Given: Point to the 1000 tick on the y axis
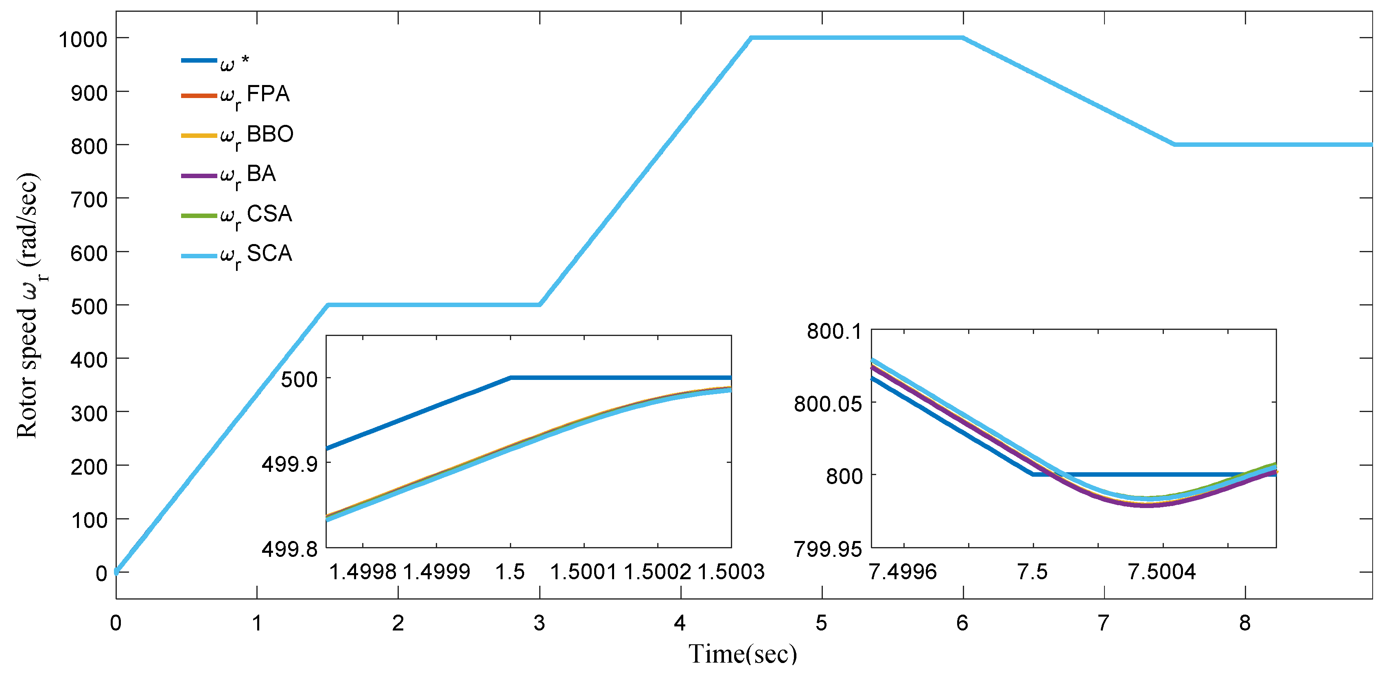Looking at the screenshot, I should click(83, 39).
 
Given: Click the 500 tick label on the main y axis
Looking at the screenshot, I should click(89, 306).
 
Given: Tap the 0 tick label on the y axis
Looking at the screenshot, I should click(101, 573).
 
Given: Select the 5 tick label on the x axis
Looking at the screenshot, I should click(821, 623).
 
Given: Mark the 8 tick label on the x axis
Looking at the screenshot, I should click(1245, 623).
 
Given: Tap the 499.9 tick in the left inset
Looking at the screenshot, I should click(289, 464).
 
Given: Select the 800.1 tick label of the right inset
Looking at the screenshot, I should click(834, 332).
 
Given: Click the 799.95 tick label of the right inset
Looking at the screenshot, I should click(827, 549).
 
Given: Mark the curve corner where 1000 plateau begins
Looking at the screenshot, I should click(752, 38).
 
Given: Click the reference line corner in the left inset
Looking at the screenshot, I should click(511, 377).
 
